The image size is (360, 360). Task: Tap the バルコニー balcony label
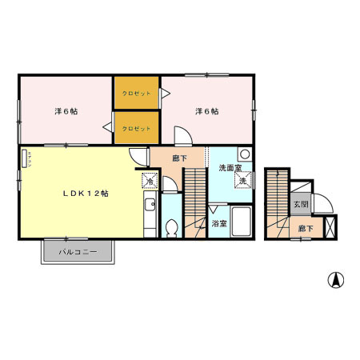coord(78,252)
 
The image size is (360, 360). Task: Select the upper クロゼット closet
coord(137,94)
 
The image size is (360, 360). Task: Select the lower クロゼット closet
coord(137,128)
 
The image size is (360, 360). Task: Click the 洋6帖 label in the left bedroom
coord(66,111)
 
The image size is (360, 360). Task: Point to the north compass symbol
coord(337,281)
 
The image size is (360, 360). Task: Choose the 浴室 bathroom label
coord(218,224)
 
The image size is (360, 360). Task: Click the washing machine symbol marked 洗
coord(242,181)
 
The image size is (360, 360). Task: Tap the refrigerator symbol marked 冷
coord(150,181)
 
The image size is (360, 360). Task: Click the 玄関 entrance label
coord(300,205)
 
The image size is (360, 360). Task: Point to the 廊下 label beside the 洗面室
coord(180,158)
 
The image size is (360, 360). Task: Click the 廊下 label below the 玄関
coord(305,228)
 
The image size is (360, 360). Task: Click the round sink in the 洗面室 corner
coord(246,154)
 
